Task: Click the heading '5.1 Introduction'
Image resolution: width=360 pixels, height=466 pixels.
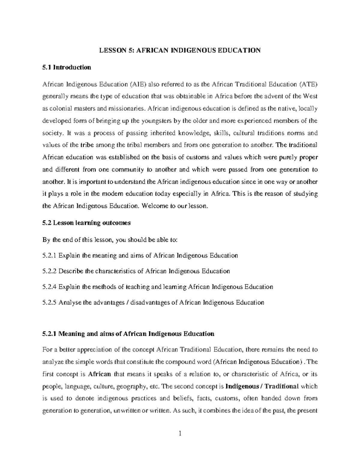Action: (x=67, y=68)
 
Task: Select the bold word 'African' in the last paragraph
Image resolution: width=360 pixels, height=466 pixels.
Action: (x=100, y=374)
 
